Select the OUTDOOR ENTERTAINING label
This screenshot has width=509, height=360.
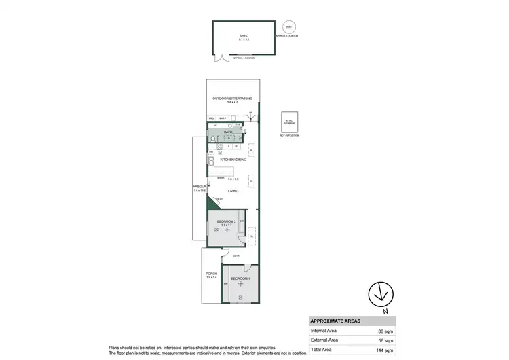tap(232, 98)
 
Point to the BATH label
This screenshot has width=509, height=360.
tap(219, 132)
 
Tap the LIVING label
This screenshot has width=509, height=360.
tap(232, 192)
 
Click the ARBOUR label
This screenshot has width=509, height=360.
tap(199, 188)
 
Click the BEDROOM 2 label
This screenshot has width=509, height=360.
tap(226, 221)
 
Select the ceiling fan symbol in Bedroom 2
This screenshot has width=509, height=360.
tap(228, 230)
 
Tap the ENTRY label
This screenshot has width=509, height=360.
tap(235, 255)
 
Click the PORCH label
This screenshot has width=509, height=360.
tap(211, 274)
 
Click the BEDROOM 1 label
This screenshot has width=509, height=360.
tap(240, 279)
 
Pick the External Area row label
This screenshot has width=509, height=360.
tap(325, 340)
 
